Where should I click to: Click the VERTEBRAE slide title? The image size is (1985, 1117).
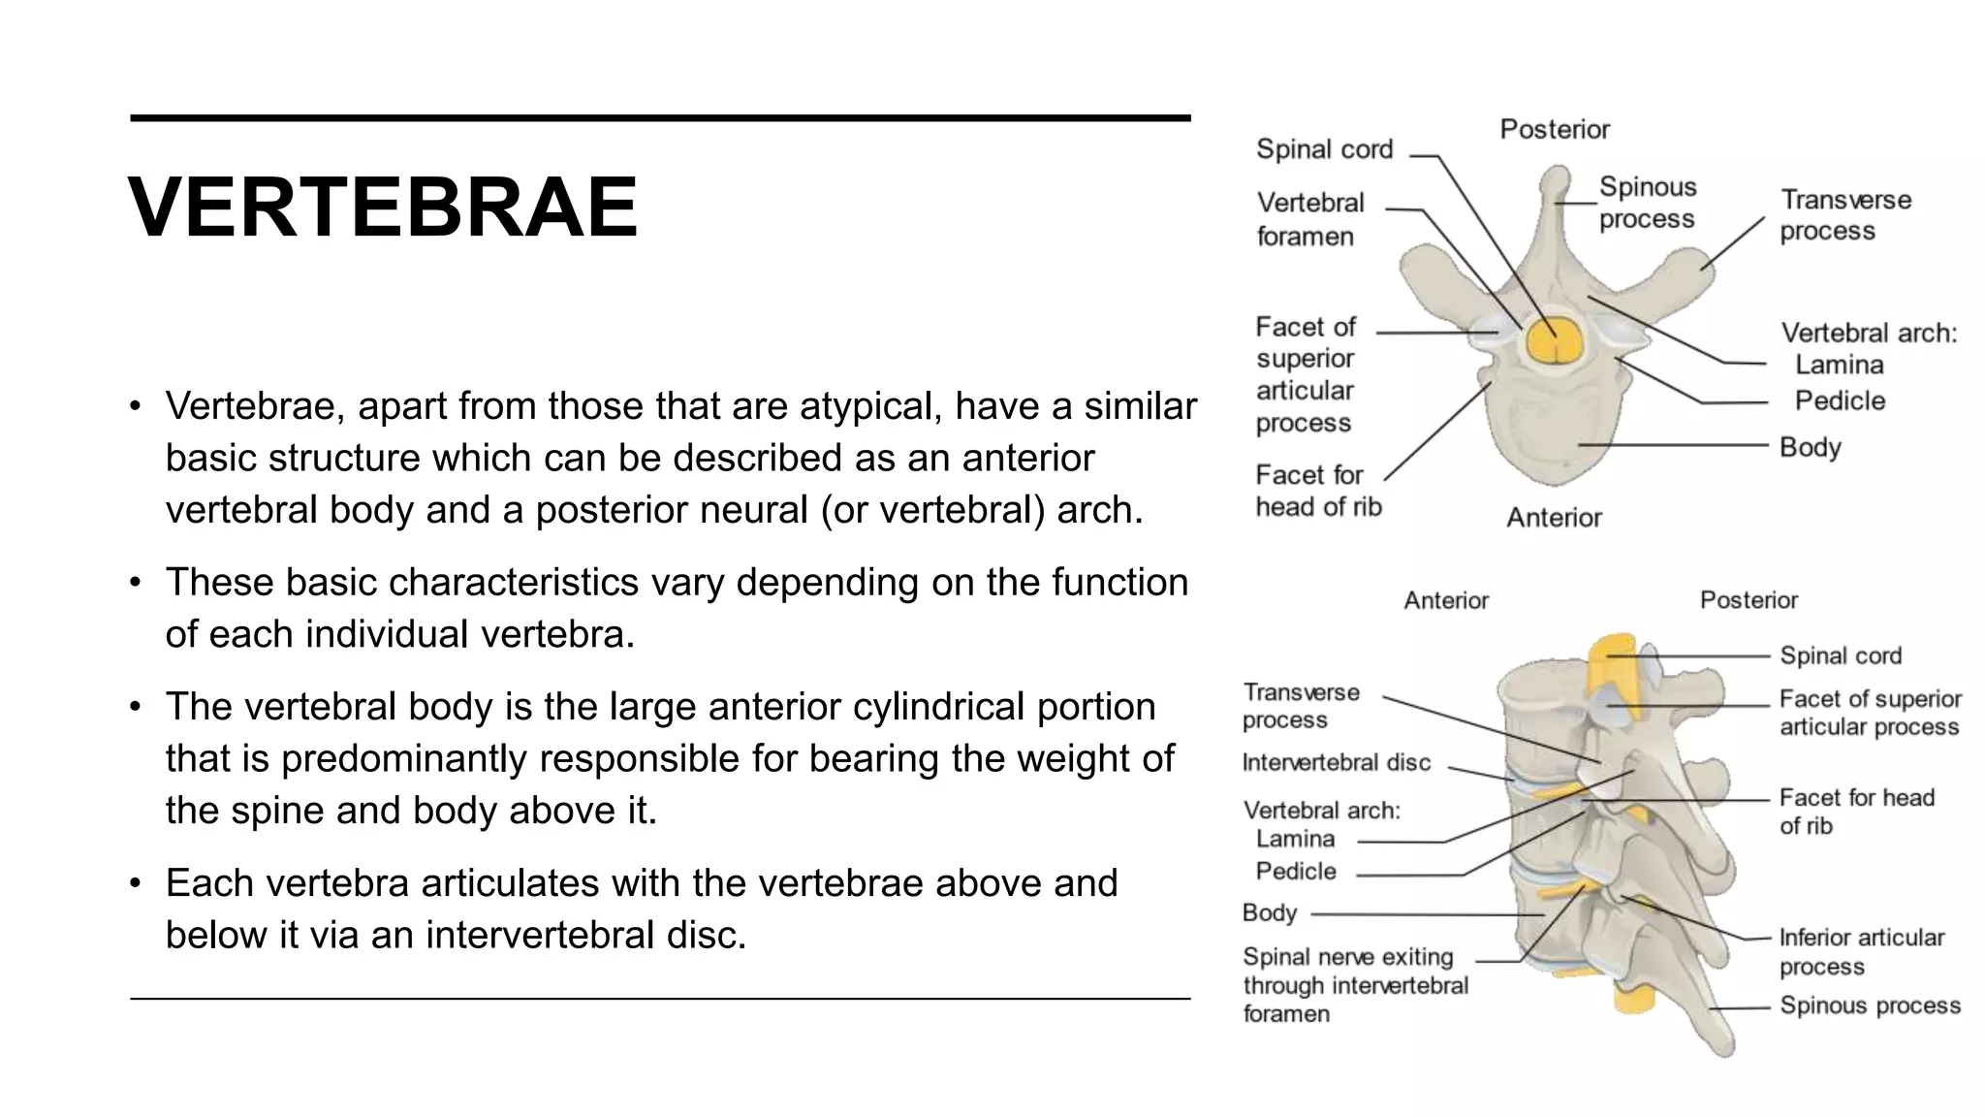coord(383,207)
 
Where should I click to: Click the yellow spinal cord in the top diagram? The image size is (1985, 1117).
coord(1554,341)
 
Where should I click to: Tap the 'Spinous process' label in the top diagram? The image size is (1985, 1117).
coord(1647,203)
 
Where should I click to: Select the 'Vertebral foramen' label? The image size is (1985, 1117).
coord(1309,219)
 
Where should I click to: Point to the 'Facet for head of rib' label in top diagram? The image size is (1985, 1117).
coord(1317,491)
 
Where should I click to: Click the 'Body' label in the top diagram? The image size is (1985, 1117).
coord(1810,447)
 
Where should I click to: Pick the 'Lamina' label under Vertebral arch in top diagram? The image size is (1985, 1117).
coord(1839,366)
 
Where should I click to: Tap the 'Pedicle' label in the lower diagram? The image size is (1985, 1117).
coord(1295,872)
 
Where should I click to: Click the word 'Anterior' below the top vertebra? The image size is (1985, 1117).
coord(1554,518)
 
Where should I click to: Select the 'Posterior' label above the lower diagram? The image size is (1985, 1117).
coord(1749,600)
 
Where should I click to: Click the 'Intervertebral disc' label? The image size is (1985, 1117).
coord(1336,763)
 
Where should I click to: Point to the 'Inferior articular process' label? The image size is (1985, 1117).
coord(1861,952)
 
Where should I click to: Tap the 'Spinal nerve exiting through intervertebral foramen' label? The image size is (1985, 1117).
coord(1355,985)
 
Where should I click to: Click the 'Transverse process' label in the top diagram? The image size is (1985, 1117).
coord(1844,215)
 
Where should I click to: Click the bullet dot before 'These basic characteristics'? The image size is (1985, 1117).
coord(136,583)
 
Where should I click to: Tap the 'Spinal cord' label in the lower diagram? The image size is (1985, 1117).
coord(1840,656)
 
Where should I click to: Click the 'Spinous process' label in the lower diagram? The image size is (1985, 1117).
coord(1869,1006)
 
